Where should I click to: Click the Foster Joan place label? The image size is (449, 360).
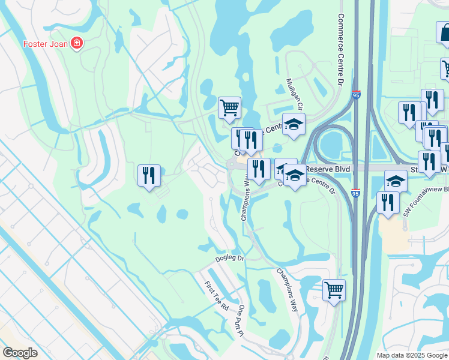coord(46,43)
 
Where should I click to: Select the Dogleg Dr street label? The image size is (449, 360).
coord(230,259)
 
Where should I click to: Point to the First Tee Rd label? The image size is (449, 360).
coord(217,296)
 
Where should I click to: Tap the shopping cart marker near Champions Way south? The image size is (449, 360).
coord(334,290)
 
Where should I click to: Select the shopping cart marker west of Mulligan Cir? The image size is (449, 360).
coord(229,107)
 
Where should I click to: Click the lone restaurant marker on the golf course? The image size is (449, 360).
coord(149,175)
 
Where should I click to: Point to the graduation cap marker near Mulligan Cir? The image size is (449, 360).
coord(294,124)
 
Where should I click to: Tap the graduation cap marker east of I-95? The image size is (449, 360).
coord(396,180)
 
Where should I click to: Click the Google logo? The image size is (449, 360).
coord(20,353)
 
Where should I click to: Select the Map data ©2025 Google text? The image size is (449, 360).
coord(412,355)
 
